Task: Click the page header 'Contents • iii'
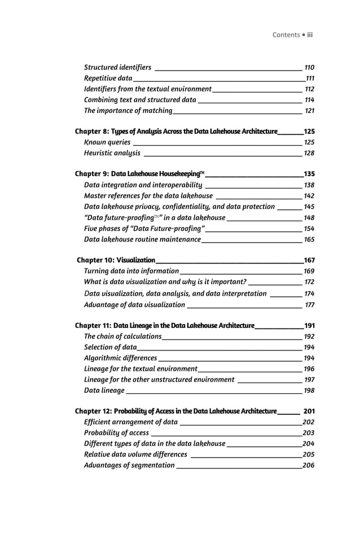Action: (292, 35)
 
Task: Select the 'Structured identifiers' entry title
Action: (117, 67)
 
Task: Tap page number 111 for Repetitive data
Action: (310, 78)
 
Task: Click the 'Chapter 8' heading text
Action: (176, 131)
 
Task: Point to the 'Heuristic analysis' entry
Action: (112, 153)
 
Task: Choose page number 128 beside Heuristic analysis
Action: (309, 153)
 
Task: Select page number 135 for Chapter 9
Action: (309, 174)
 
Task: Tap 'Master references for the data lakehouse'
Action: (148, 196)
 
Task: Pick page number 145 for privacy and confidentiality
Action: (309, 207)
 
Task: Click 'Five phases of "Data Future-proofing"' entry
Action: (144, 228)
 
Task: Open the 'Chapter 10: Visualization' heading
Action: (116, 260)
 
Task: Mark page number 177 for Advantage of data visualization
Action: (310, 305)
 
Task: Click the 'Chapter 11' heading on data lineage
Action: (165, 326)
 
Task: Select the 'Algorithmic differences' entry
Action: (120, 358)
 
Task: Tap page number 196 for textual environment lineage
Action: (309, 368)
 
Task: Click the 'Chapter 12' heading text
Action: (175, 411)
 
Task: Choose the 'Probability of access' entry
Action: (116, 433)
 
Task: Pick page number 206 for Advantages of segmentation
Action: (309, 465)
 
